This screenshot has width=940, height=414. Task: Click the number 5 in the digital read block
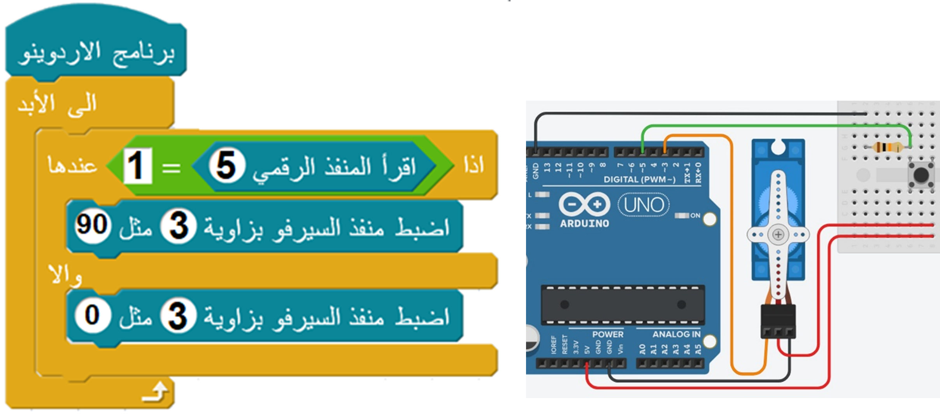226,165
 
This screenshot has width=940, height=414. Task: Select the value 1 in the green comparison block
137,166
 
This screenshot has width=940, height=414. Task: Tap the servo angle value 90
92,225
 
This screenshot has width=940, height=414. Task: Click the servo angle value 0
92,315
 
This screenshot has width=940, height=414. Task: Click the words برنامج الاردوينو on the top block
97,53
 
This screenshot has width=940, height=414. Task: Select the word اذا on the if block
474,165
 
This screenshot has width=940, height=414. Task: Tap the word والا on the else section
65,275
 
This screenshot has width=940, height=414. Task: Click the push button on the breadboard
921,175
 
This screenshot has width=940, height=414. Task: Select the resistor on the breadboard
887,147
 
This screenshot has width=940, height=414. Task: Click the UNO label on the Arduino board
644,205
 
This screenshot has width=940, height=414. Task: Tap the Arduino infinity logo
584,204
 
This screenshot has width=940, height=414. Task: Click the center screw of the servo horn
778,234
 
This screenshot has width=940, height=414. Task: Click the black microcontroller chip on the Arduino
623,305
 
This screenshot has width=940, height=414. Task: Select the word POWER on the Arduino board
608,334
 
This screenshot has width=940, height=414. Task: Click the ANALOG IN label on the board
676,334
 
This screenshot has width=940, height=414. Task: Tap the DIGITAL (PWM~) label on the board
639,180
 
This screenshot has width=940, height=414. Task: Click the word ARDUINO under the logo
584,224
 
